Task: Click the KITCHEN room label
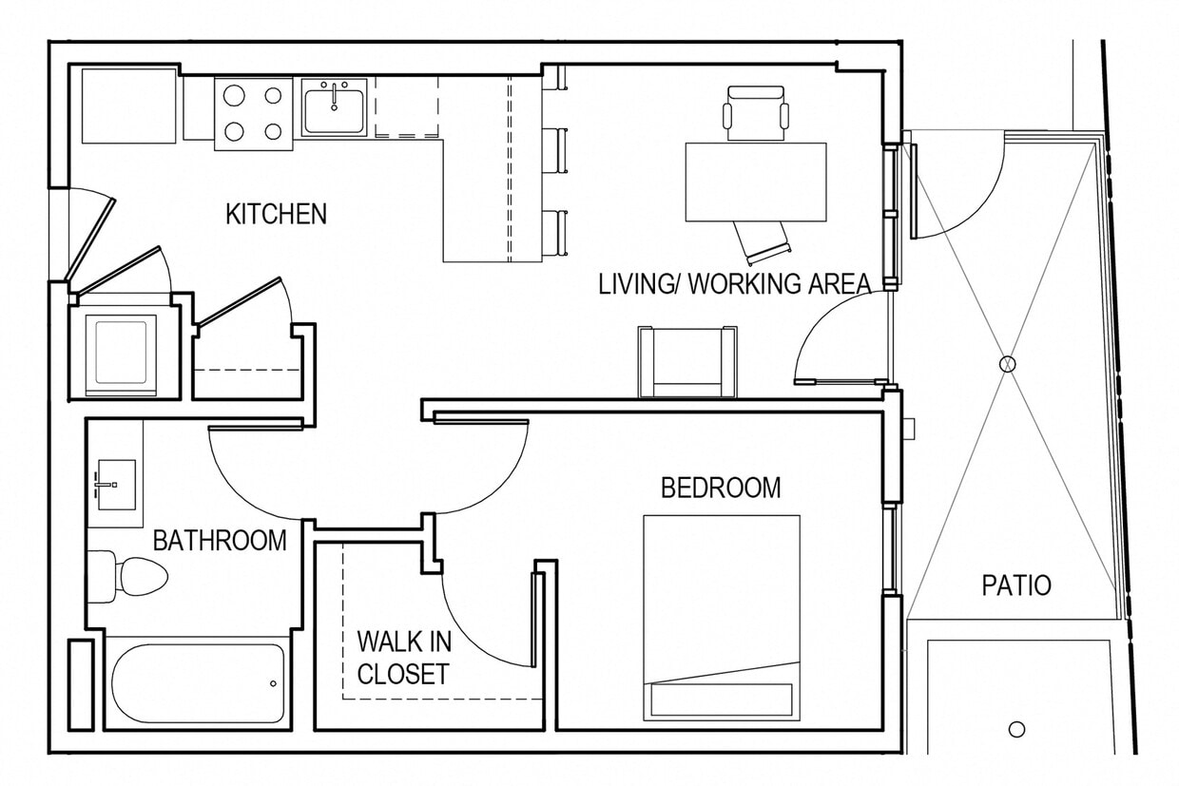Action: [276, 214]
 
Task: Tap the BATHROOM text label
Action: [220, 541]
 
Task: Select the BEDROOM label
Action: [721, 488]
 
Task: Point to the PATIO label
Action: [1016, 585]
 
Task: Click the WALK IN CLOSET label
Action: [402, 657]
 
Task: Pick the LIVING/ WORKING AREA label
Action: [734, 283]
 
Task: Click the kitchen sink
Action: [335, 106]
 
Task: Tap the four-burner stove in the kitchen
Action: [253, 113]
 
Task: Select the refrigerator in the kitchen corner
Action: [130, 105]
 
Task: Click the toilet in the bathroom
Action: [132, 575]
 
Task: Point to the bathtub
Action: [198, 683]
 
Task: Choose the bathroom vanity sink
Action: [115, 485]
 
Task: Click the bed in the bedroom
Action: [721, 608]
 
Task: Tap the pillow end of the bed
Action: [721, 699]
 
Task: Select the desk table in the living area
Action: [756, 182]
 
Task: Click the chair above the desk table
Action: [756, 112]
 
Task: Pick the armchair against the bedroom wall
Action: [687, 361]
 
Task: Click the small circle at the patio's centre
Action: [1007, 363]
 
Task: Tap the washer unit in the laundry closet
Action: [121, 351]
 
